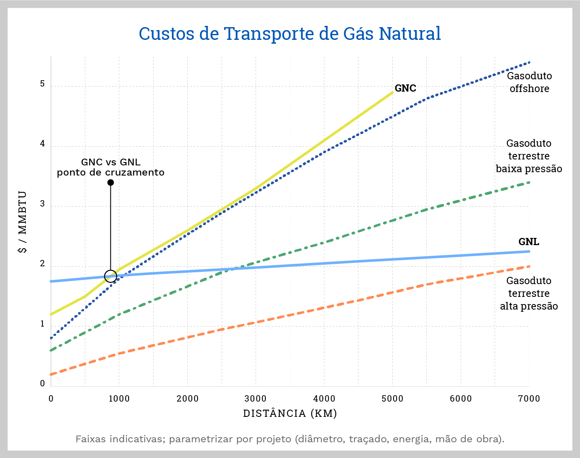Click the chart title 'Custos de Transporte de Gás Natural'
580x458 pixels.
(290, 34)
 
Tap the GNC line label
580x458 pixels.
(405, 88)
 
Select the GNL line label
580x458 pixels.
(529, 242)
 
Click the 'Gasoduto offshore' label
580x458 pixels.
(529, 82)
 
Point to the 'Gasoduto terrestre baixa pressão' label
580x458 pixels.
(529, 156)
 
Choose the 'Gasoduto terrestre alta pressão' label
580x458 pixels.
(529, 293)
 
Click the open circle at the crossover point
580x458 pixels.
(110, 276)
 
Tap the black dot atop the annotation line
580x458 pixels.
(110, 183)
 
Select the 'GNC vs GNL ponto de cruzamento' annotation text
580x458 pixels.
(110, 167)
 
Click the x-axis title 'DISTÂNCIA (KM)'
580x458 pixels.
(290, 413)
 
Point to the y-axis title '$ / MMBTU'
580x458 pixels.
(23, 222)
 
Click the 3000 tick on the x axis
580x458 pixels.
(256, 399)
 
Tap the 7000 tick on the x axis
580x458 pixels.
(529, 399)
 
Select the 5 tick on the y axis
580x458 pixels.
(42, 84)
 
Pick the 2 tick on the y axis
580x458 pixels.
(42, 264)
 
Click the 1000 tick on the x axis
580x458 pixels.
(119, 399)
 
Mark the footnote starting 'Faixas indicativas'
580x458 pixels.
(290, 439)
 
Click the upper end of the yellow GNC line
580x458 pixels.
(392, 92)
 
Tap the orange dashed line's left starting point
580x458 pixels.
(51, 374)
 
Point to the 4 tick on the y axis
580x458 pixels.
(42, 144)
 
